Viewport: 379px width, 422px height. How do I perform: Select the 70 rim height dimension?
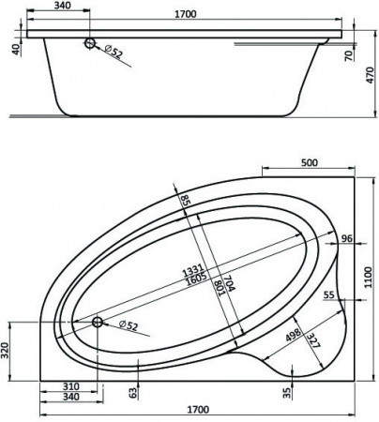(x=349, y=56)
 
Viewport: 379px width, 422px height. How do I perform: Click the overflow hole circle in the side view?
(x=88, y=43)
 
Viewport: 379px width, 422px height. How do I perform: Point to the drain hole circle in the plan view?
(x=97, y=323)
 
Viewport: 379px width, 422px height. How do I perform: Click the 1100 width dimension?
(x=370, y=278)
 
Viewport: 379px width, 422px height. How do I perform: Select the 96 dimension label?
(x=345, y=239)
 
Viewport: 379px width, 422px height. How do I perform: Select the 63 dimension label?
(x=132, y=391)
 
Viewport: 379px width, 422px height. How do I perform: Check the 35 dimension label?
(x=289, y=391)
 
